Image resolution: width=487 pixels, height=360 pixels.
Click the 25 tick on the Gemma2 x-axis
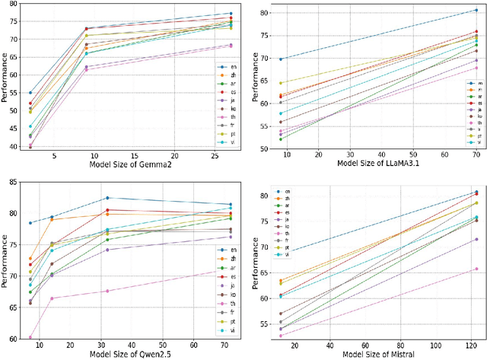[x=208, y=155]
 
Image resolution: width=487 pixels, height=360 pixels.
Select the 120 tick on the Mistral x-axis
[x=467, y=342]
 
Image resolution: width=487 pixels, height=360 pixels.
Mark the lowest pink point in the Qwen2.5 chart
[x=30, y=337]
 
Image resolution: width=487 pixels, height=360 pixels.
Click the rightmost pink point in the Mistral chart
[x=476, y=269]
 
